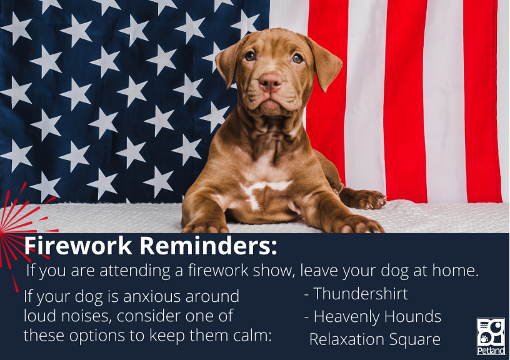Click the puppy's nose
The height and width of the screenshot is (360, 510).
pos(270,82)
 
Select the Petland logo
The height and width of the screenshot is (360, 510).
pos(491,336)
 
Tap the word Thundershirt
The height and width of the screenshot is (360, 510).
pos(361,294)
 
